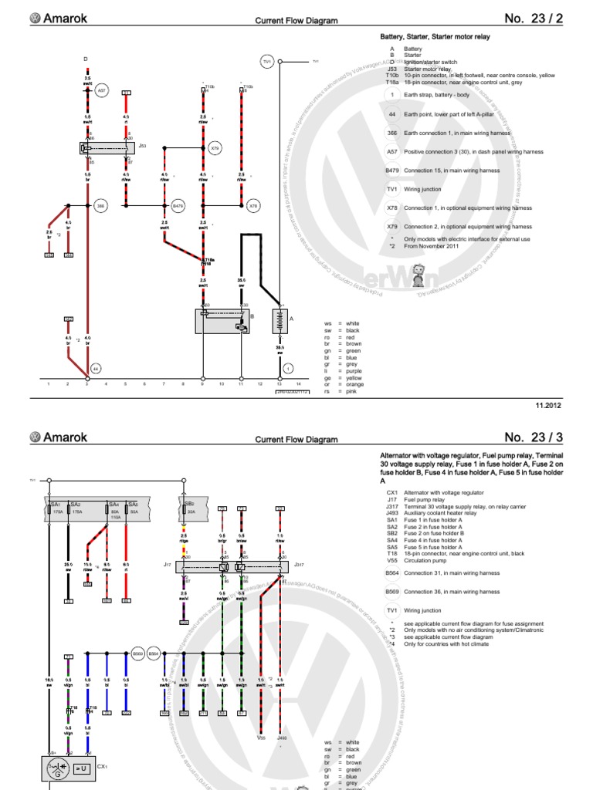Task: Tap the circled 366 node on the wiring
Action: point(100,206)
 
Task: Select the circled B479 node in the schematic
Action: point(178,206)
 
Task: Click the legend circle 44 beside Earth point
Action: point(391,113)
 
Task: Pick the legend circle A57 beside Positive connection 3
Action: point(391,152)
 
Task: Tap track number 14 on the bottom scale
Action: point(298,383)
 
